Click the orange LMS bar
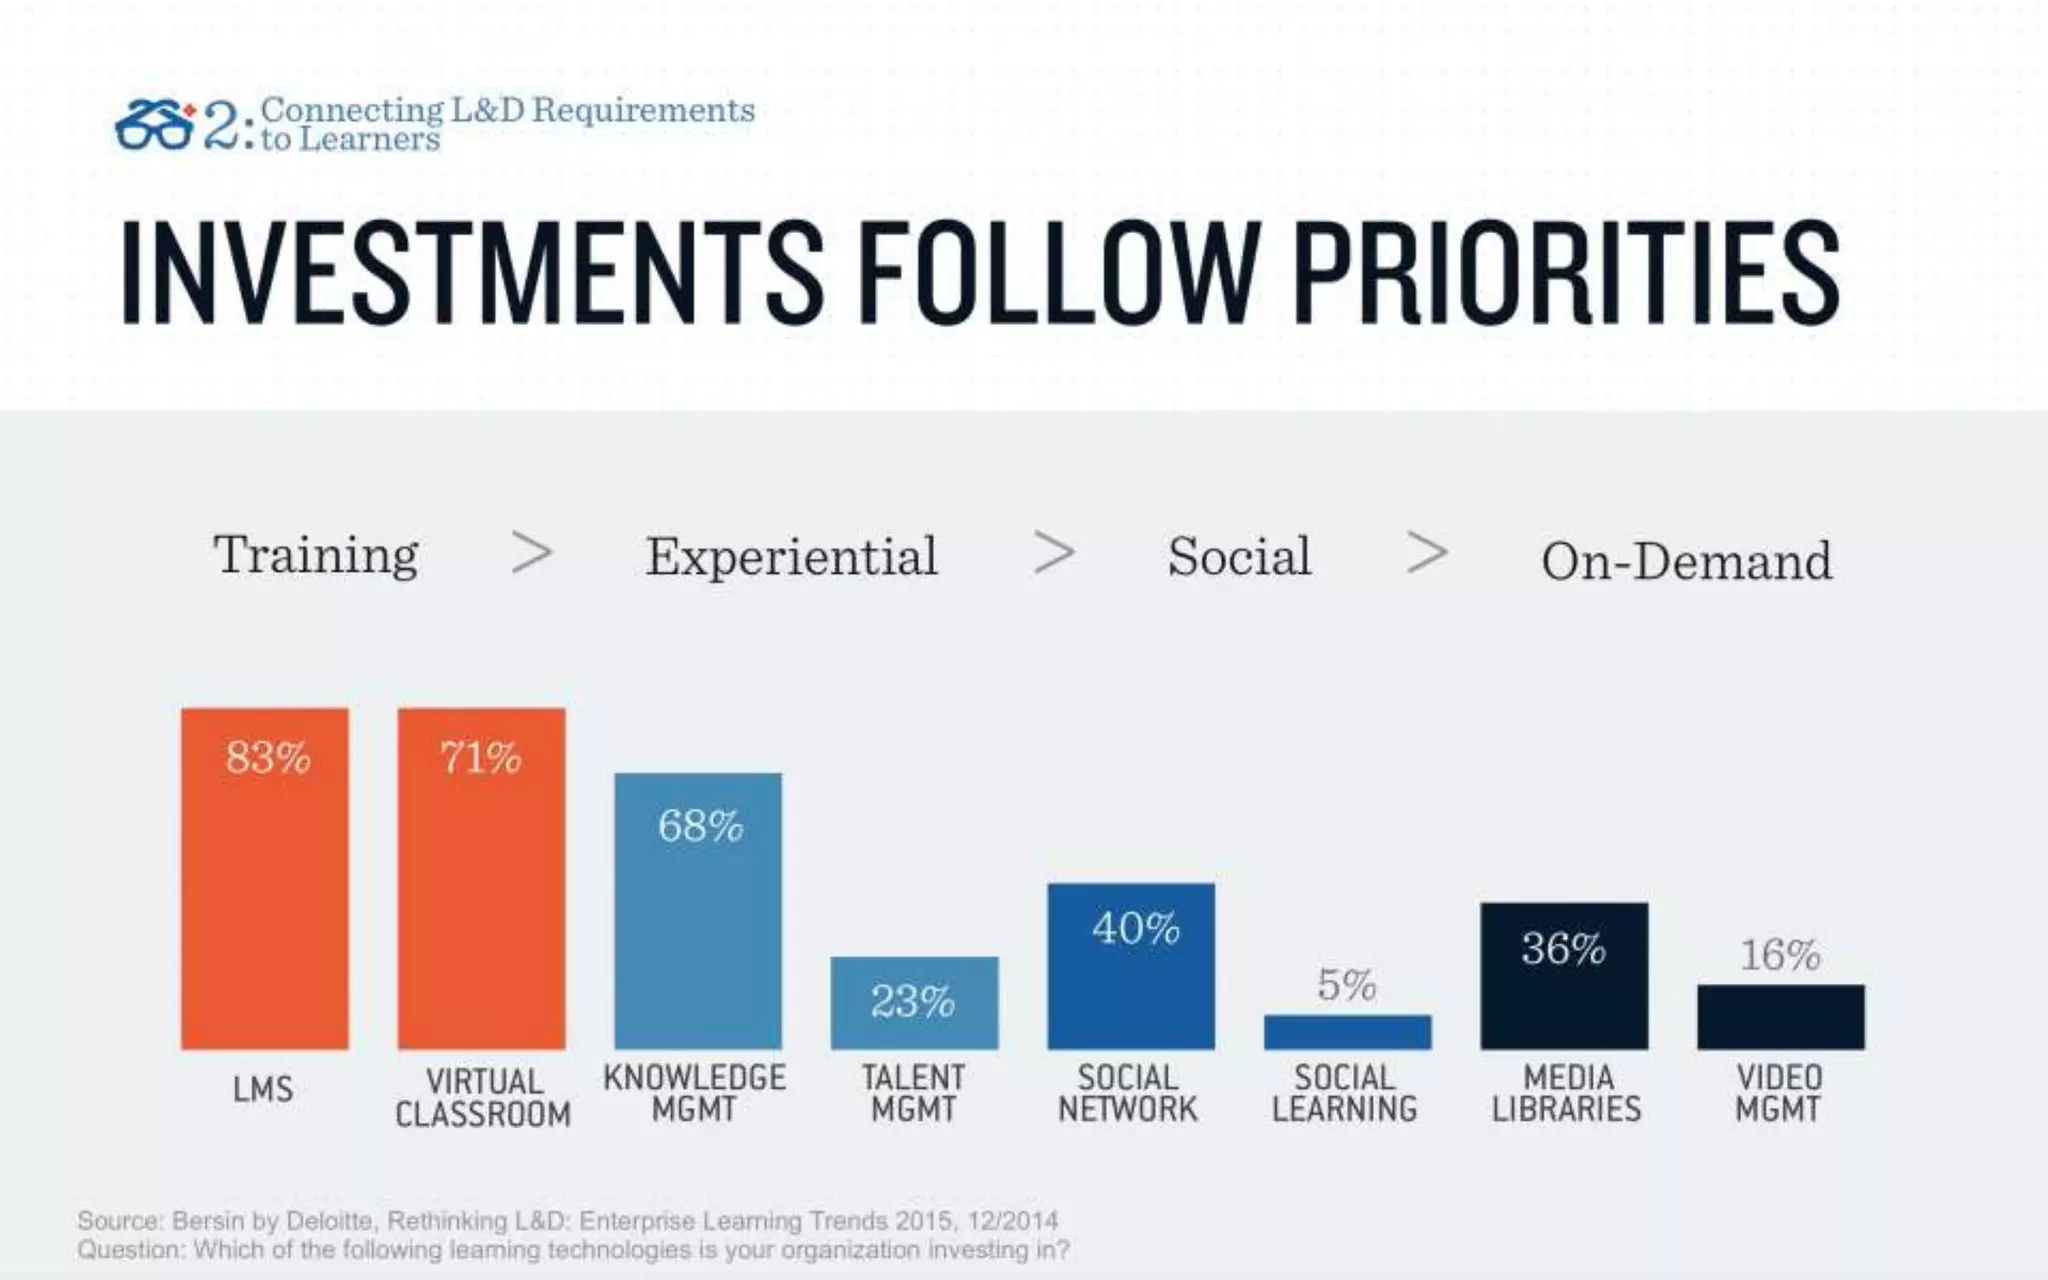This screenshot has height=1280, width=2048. (x=265, y=880)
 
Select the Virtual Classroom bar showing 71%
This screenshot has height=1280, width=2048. (x=481, y=880)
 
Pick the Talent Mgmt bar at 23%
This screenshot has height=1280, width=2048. (x=914, y=1003)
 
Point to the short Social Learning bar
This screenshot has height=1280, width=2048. (x=1347, y=1032)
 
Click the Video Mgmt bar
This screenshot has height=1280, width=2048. (x=1780, y=1017)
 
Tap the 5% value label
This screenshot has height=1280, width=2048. (x=1346, y=985)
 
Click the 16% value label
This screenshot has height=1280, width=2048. (x=1780, y=955)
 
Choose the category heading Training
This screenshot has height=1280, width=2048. (x=316, y=555)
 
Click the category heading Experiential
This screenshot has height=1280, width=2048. (x=791, y=557)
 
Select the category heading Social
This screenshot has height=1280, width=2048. (x=1239, y=557)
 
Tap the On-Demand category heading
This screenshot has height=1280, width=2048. (x=1686, y=561)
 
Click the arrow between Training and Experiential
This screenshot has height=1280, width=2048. (x=531, y=552)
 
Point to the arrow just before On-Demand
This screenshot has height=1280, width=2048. (x=1427, y=552)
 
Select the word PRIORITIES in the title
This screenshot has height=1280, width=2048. (x=1566, y=273)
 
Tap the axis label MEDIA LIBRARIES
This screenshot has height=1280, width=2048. (x=1566, y=1093)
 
